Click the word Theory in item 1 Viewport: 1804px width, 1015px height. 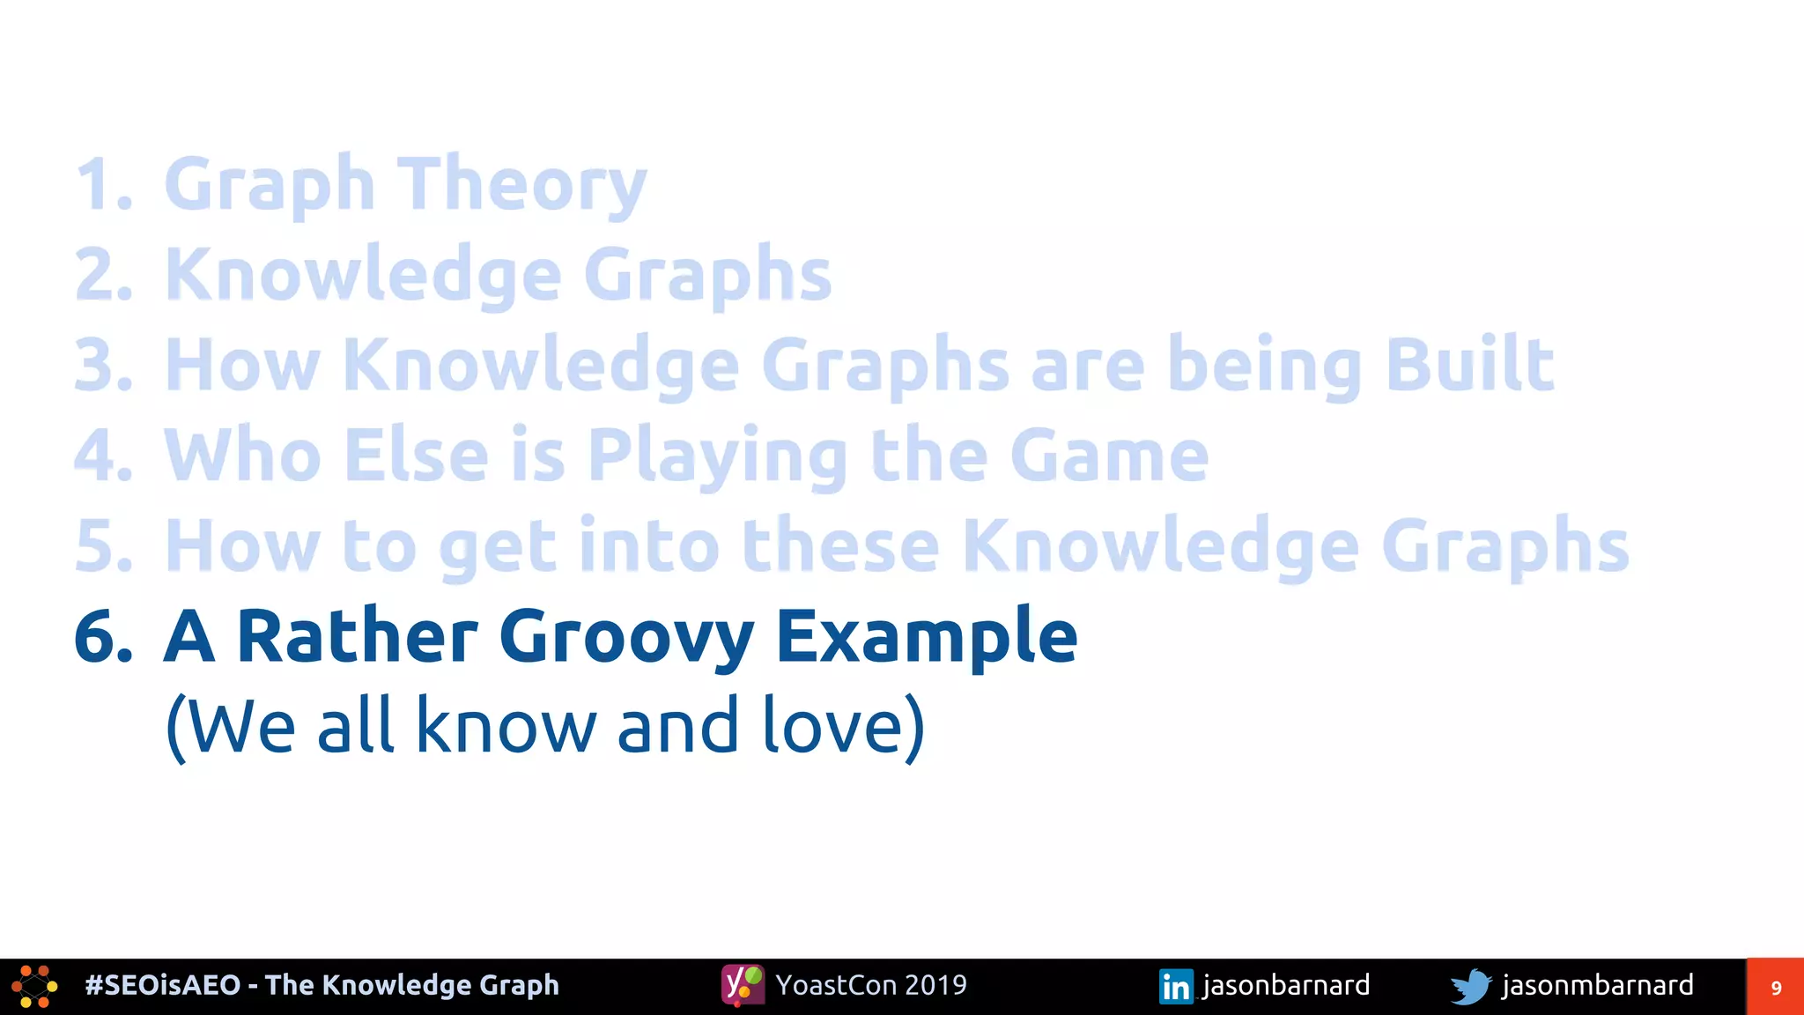pos(525,185)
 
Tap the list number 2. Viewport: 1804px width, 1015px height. pos(103,275)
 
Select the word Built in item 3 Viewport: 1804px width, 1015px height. pos(1469,365)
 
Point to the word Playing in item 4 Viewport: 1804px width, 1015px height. pos(718,456)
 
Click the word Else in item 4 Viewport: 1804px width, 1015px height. pos(416,456)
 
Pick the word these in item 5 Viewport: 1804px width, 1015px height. pos(840,546)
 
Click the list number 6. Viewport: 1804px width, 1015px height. pos(103,636)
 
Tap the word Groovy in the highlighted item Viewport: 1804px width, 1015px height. pos(626,638)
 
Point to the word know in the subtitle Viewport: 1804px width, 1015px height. pos(505,726)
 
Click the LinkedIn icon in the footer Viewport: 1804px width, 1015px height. pos(1176,986)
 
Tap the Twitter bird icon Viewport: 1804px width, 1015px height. pos(1471,986)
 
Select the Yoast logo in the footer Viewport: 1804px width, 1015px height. pos(743,985)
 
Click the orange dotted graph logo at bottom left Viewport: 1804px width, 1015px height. pos(34,987)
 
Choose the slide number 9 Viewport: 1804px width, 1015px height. pos(1776,988)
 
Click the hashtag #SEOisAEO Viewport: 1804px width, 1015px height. pos(163,985)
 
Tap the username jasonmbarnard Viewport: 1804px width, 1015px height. pos(1597,985)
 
